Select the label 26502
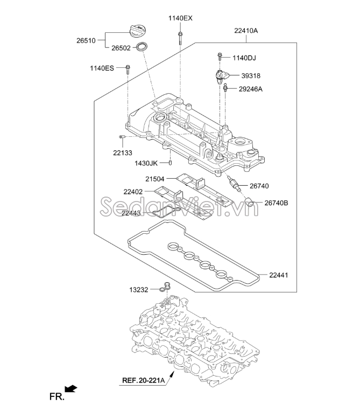pyautogui.click(x=122, y=48)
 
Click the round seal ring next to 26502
pyautogui.click(x=143, y=47)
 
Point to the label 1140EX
pyautogui.click(x=180, y=18)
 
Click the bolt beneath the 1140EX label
pyautogui.click(x=180, y=37)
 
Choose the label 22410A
pyautogui.click(x=246, y=31)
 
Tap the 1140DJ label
pyautogui.click(x=245, y=58)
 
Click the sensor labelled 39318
pyautogui.click(x=222, y=75)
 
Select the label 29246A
pyautogui.click(x=250, y=89)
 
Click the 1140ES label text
pyautogui.click(x=102, y=68)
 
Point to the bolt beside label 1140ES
pyautogui.click(x=128, y=69)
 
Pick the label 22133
pyautogui.click(x=123, y=152)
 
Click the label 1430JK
pyautogui.click(x=146, y=163)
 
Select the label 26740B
pyautogui.click(x=276, y=203)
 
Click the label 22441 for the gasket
pyautogui.click(x=279, y=275)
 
